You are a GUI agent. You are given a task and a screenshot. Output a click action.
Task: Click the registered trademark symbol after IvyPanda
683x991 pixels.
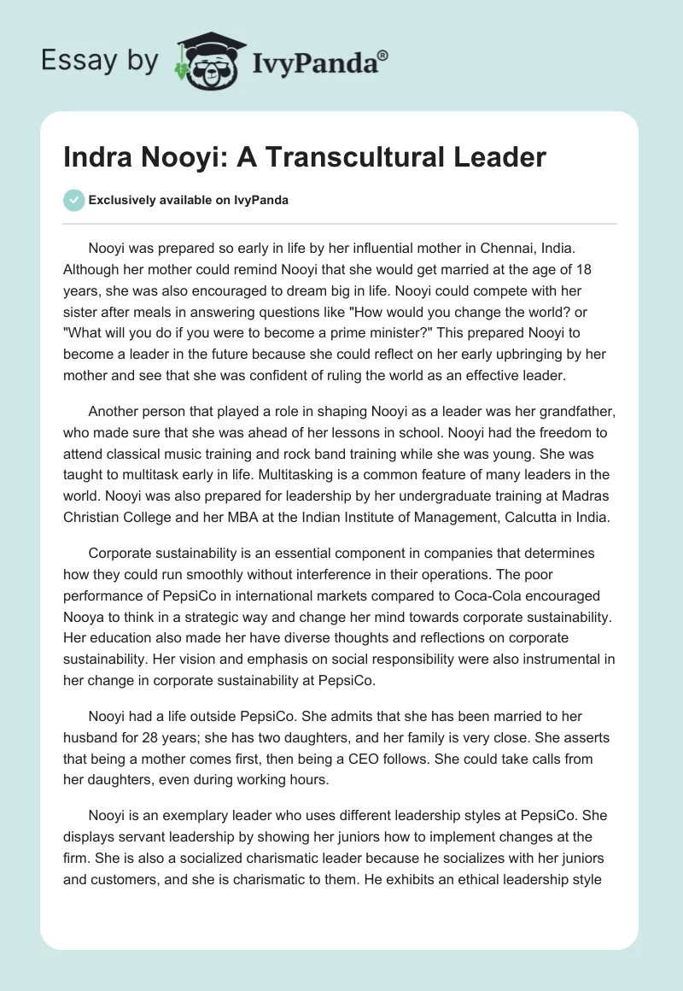pyautogui.click(x=383, y=56)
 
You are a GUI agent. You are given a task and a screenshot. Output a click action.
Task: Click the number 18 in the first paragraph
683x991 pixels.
pyautogui.click(x=604, y=268)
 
